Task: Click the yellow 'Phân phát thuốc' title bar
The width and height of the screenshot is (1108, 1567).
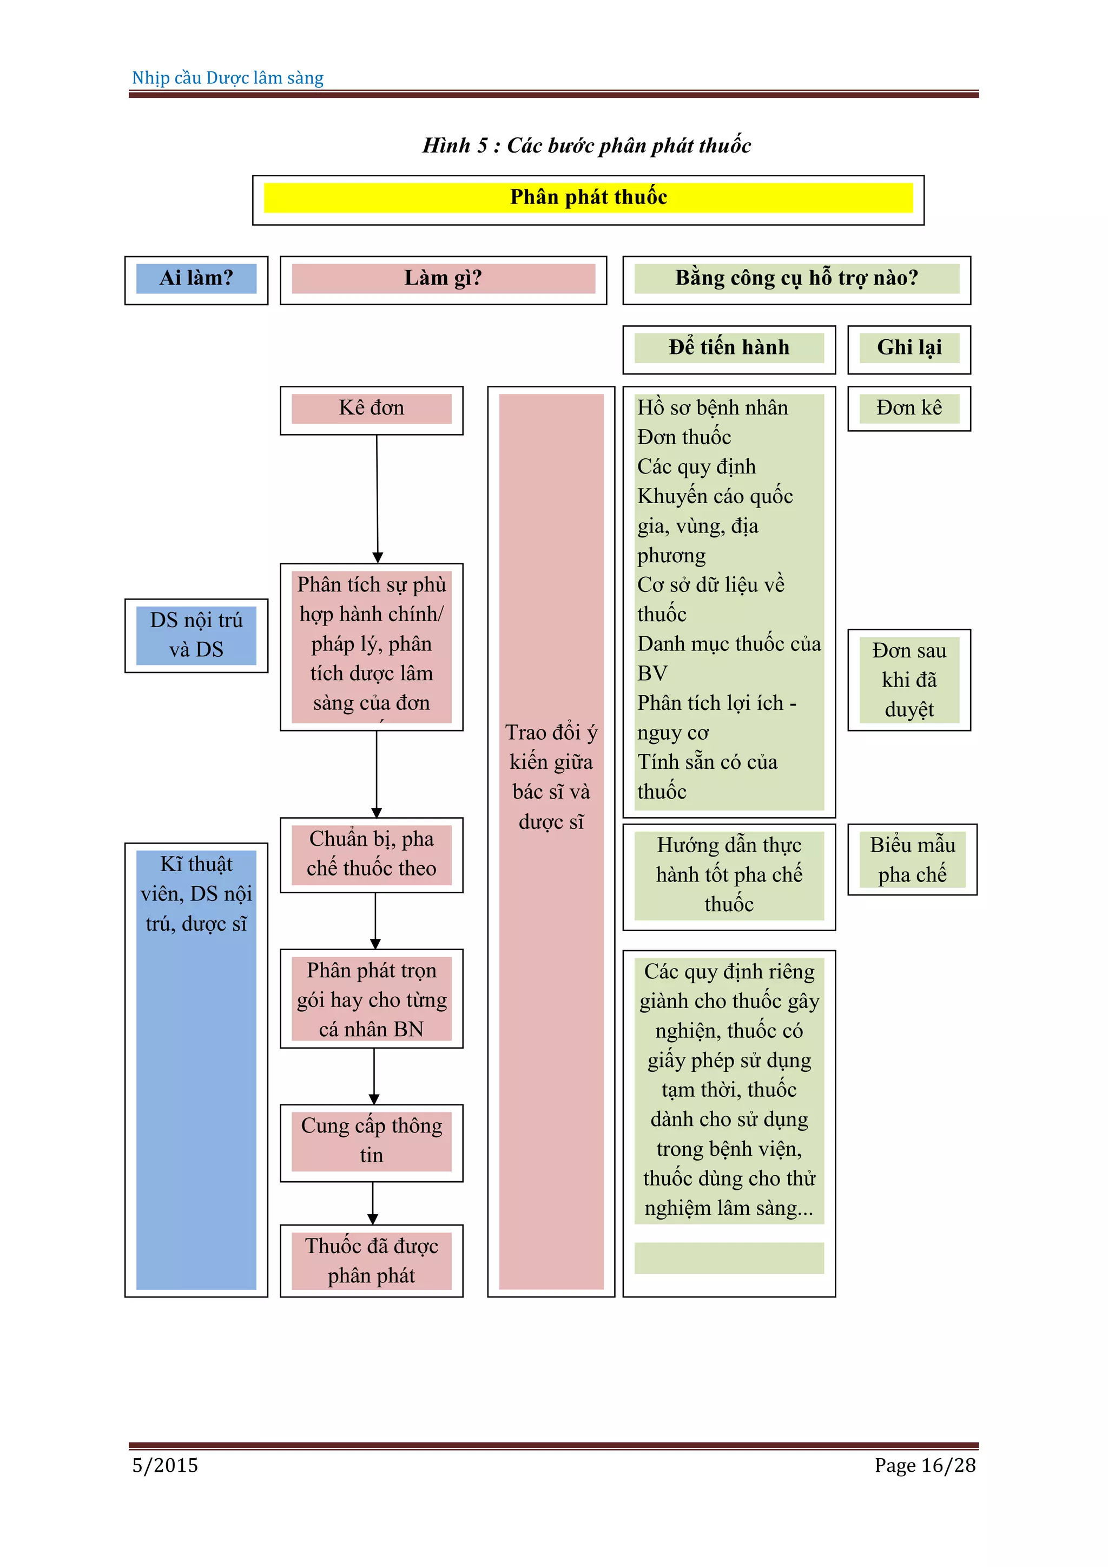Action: [x=588, y=198]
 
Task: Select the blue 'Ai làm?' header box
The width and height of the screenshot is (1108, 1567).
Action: [x=196, y=279]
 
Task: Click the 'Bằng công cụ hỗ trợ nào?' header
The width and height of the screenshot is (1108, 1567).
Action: [x=796, y=279]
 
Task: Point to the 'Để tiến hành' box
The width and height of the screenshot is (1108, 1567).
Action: [x=729, y=348]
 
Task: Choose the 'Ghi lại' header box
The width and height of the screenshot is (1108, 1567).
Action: [x=909, y=348]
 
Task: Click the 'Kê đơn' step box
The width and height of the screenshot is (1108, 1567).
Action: [x=371, y=409]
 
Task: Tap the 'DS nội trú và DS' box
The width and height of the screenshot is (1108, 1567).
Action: [x=196, y=635]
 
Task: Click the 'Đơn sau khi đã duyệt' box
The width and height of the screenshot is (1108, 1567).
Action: [x=909, y=680]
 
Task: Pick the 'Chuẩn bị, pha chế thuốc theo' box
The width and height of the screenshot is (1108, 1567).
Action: [x=371, y=854]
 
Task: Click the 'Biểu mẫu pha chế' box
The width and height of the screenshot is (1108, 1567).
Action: [x=912, y=859]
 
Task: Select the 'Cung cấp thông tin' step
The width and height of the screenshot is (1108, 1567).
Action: [x=371, y=1141]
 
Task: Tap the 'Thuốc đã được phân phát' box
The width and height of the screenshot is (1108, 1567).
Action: [x=371, y=1261]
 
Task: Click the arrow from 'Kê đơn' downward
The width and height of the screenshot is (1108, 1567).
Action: [x=377, y=498]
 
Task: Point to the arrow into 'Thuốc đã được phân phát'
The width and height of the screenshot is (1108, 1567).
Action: [x=373, y=1204]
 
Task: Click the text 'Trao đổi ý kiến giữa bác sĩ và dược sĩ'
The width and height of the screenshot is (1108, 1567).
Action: [x=551, y=776]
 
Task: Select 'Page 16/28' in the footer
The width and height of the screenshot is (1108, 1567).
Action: [x=925, y=1465]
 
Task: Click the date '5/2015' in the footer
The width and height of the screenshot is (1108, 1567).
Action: [x=165, y=1465]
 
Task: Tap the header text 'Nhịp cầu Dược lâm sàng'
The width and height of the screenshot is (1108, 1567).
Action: [x=228, y=78]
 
